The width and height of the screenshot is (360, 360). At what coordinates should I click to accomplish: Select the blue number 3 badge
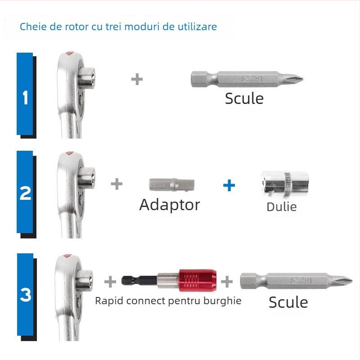(25, 294)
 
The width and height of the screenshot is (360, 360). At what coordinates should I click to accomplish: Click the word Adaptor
(170, 205)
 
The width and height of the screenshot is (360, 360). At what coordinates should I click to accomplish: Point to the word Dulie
(282, 207)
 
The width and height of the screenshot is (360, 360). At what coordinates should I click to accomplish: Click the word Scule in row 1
(244, 98)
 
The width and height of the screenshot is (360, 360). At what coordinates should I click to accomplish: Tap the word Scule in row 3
(288, 302)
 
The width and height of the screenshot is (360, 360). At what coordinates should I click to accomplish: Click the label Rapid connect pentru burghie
(168, 301)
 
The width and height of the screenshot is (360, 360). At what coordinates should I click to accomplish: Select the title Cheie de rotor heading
(118, 27)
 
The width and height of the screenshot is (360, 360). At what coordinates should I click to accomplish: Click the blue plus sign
(229, 184)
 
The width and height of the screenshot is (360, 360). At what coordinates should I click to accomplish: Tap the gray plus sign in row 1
(137, 79)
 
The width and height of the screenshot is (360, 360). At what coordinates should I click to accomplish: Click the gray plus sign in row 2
(117, 184)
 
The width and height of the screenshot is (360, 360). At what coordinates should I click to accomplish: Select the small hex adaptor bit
(171, 184)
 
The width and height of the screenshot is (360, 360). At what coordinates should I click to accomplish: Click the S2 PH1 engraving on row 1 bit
(252, 78)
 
